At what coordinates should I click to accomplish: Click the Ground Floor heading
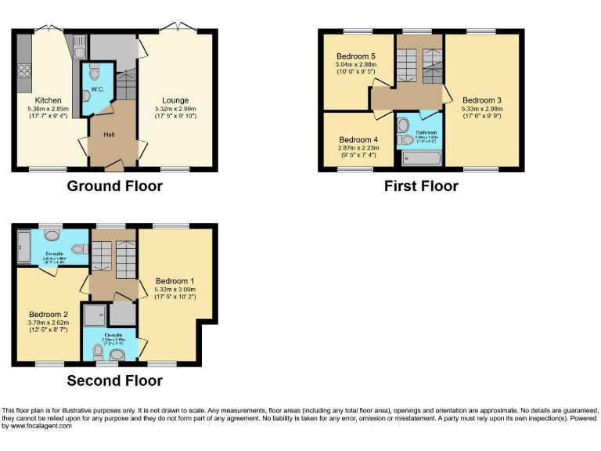tap(114, 186)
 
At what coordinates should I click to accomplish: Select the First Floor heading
tap(421, 186)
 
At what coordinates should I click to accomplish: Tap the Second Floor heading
tap(114, 381)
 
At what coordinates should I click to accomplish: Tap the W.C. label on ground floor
tap(97, 89)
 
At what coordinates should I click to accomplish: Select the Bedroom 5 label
tap(356, 56)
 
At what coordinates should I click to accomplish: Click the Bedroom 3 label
tap(482, 100)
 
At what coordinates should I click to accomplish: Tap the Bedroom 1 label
tap(175, 281)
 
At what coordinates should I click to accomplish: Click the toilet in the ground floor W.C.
tap(95, 74)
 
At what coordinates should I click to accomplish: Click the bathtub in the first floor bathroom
tap(421, 158)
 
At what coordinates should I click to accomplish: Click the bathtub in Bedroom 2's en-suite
tap(23, 247)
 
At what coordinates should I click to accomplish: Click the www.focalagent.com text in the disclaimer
tap(38, 426)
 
